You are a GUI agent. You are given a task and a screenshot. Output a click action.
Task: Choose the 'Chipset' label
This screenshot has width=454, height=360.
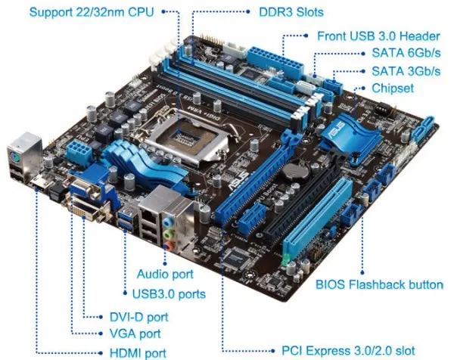[393, 88]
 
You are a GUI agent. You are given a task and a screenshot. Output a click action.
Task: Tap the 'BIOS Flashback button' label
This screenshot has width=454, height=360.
[379, 285]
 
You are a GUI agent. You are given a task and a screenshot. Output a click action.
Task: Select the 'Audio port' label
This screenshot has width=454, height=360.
[165, 273]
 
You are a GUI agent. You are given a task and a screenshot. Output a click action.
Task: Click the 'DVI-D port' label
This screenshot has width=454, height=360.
[135, 317]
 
